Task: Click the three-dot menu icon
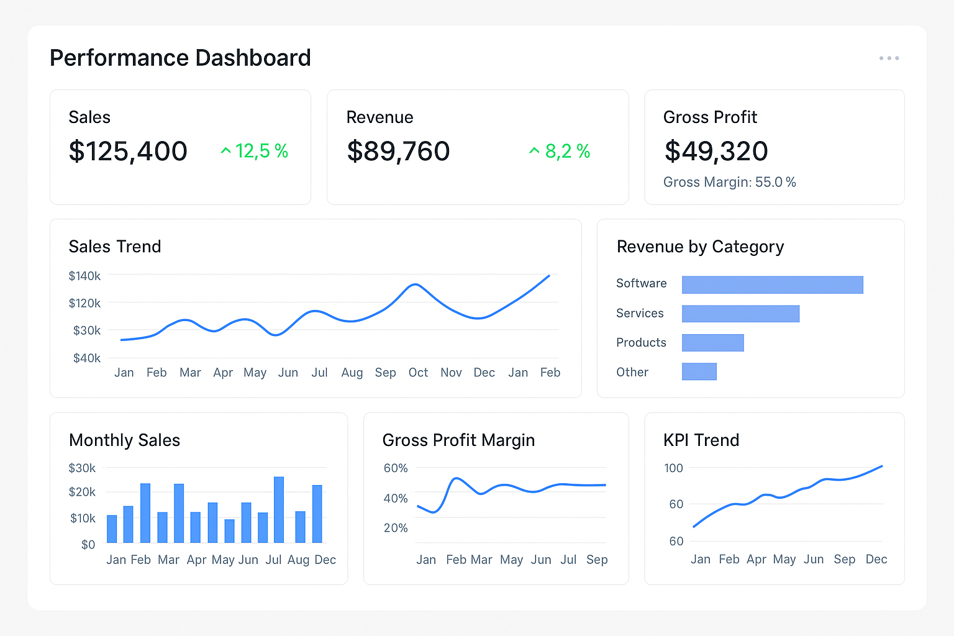point(889,58)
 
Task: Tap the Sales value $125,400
point(128,152)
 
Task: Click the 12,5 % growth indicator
point(255,151)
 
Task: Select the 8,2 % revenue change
point(560,151)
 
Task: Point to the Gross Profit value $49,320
point(716,152)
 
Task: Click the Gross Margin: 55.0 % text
point(729,183)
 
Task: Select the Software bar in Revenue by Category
point(772,284)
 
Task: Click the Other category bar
point(699,371)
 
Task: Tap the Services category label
point(640,314)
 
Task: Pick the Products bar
point(712,343)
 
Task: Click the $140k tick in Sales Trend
point(84,276)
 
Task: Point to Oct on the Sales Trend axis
point(418,373)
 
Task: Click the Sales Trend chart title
point(115,247)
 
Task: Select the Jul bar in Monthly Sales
point(279,509)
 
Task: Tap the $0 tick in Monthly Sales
point(88,545)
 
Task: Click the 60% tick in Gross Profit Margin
point(396,468)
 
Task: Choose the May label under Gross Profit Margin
point(511,560)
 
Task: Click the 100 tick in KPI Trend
point(673,468)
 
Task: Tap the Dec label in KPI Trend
point(876,560)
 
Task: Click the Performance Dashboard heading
point(180,58)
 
